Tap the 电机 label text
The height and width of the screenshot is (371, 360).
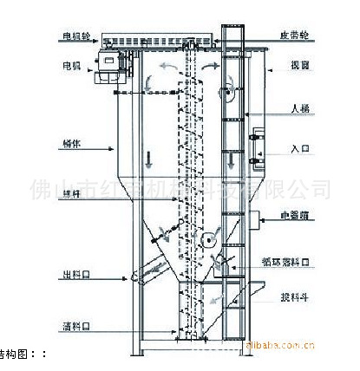point(70,64)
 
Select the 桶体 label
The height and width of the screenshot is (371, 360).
point(72,145)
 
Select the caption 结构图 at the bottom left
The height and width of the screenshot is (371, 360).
point(17,354)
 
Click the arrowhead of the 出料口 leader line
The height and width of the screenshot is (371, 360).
point(134,277)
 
